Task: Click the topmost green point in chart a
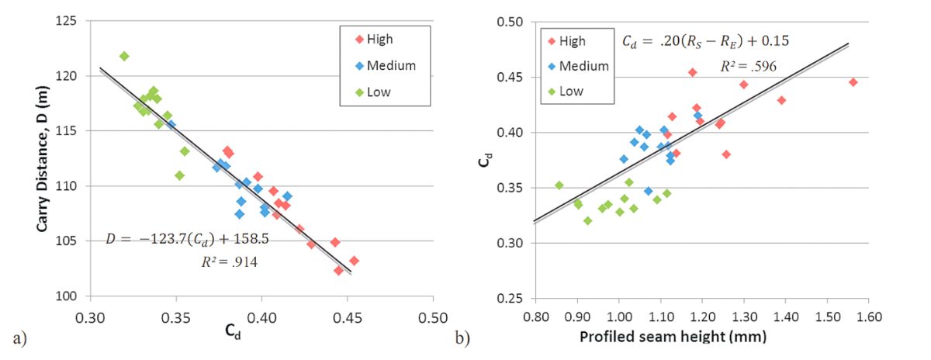point(124,56)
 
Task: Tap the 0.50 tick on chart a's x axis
point(432,318)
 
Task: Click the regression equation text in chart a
point(187,239)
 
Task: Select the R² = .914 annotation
point(229,262)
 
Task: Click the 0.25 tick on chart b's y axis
point(514,298)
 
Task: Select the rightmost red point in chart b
point(853,81)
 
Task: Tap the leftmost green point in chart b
point(559,185)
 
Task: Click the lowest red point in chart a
point(338,270)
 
